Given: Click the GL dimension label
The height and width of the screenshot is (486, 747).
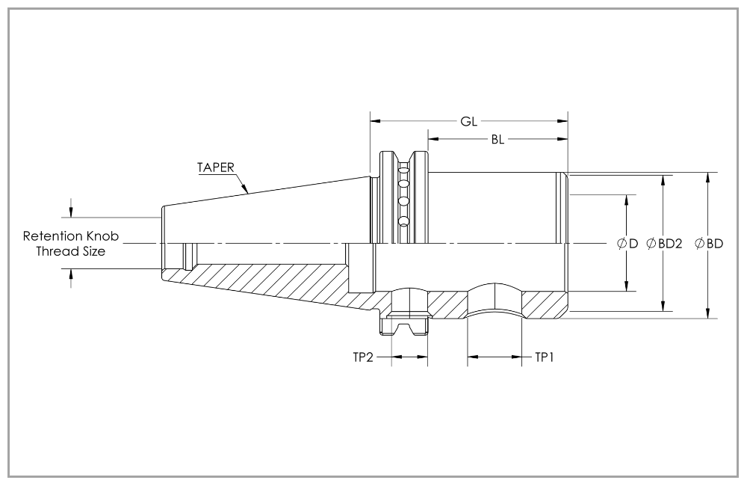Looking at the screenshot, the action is tap(469, 122).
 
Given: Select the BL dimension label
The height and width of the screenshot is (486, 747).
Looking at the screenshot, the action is tap(498, 139).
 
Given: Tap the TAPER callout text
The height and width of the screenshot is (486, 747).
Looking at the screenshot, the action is tap(216, 167).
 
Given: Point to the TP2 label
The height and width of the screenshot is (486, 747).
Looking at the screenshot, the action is tap(363, 357).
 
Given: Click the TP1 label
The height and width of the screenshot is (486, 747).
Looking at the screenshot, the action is tap(545, 357).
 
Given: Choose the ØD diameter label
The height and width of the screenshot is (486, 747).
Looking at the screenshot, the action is tap(627, 244).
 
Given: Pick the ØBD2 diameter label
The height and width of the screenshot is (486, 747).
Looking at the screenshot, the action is tap(664, 244).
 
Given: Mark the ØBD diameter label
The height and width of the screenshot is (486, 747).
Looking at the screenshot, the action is tap(709, 244).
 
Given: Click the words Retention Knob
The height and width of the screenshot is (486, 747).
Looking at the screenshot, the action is tap(71, 236).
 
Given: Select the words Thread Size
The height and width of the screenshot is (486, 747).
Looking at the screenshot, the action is tap(71, 251).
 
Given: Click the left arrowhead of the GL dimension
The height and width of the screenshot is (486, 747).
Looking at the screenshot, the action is tap(376, 121).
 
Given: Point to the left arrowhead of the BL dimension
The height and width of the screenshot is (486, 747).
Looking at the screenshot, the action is tap(433, 139).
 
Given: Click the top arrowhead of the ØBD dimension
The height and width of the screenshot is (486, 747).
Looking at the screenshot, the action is tap(708, 177).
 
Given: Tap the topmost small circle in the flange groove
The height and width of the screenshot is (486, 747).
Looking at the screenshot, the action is tap(404, 169).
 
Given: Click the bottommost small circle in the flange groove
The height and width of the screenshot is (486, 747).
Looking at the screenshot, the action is tap(404, 221).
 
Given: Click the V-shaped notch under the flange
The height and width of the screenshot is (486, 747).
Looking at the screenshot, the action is tap(404, 329).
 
